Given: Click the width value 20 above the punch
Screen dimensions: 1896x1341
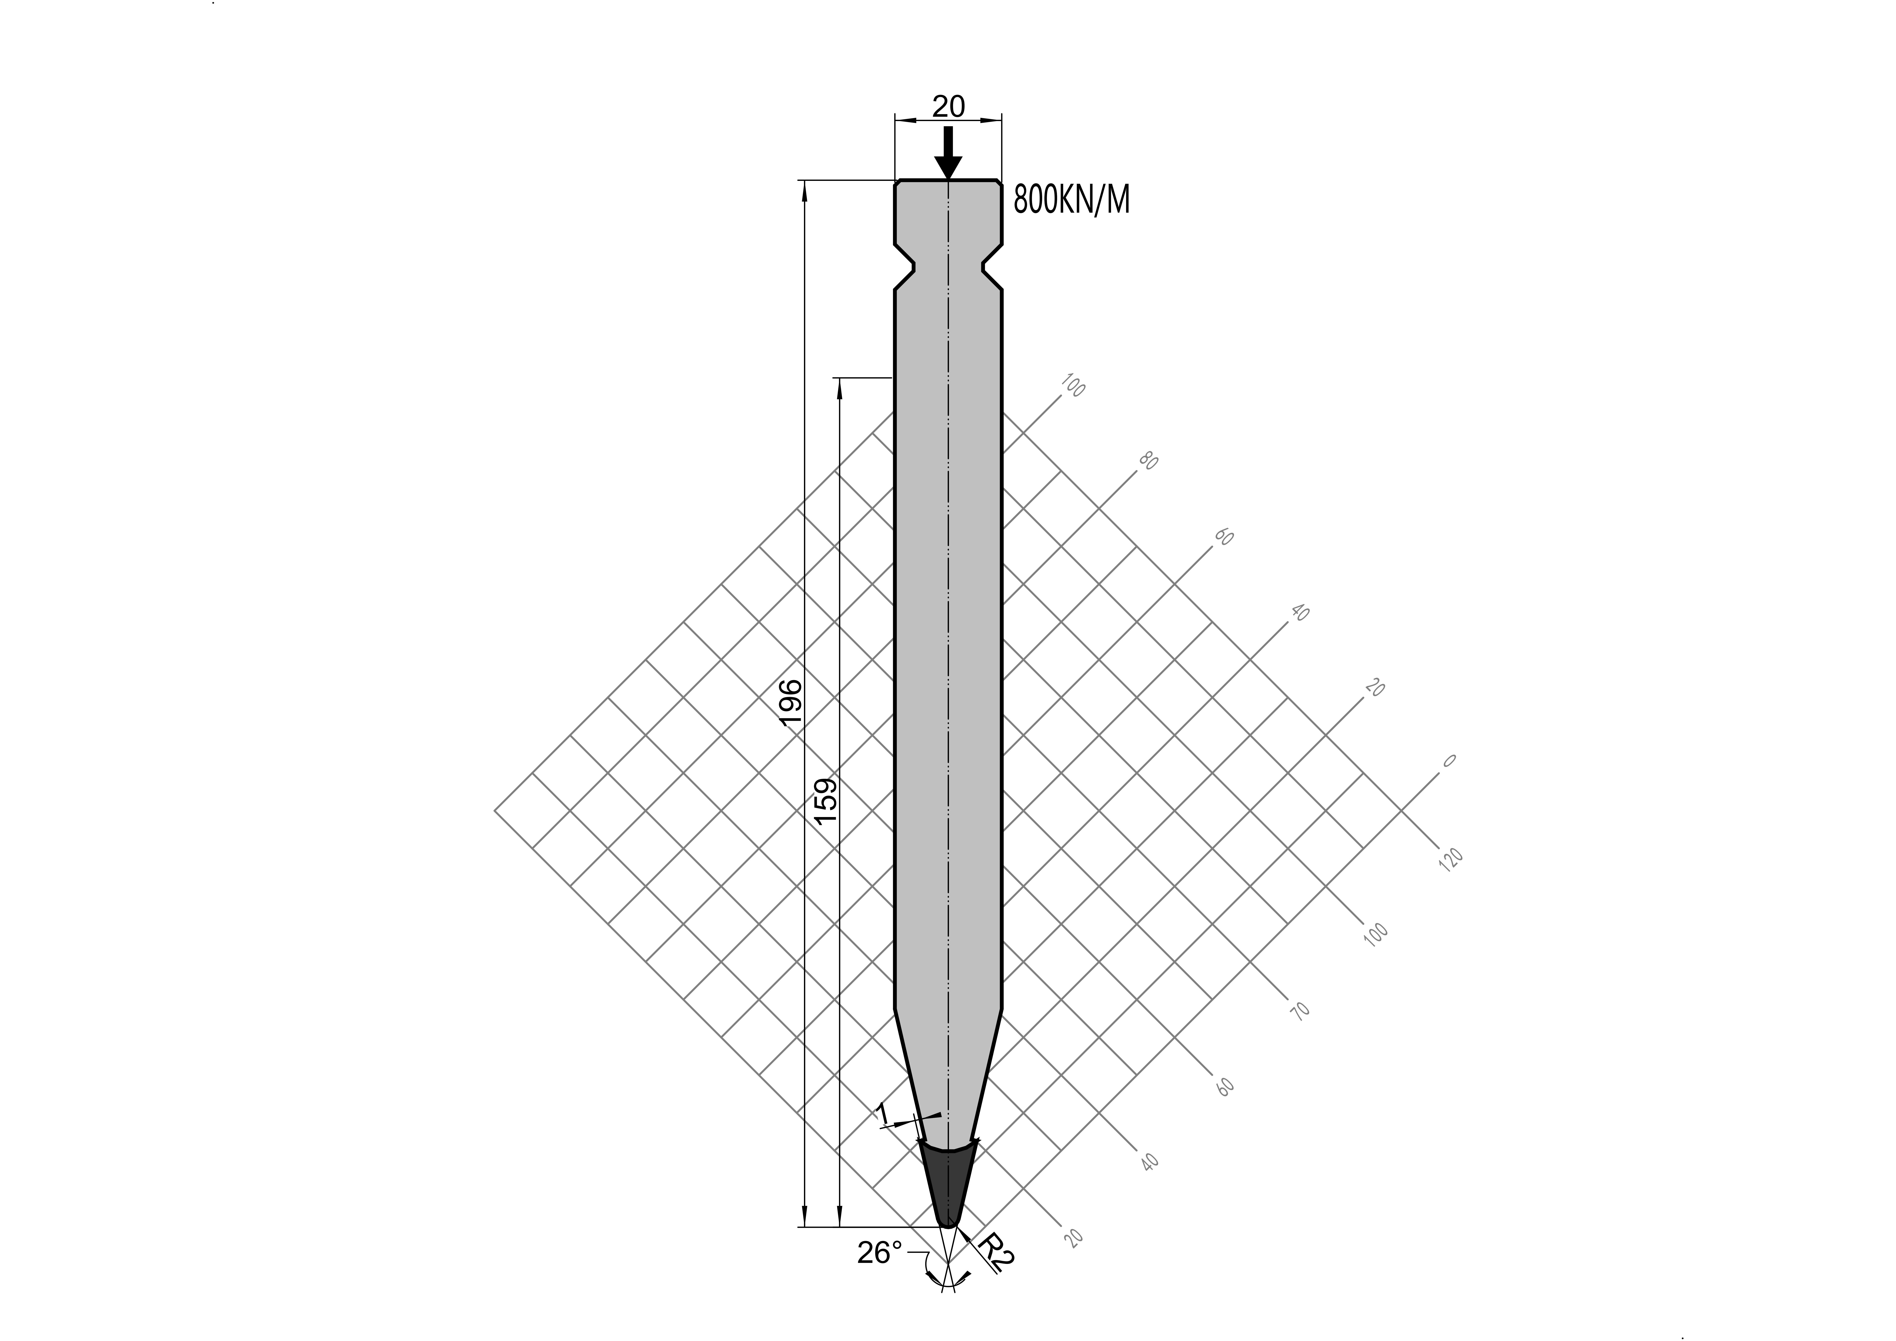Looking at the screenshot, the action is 948,106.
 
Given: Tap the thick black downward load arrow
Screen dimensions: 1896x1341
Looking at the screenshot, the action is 948,154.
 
